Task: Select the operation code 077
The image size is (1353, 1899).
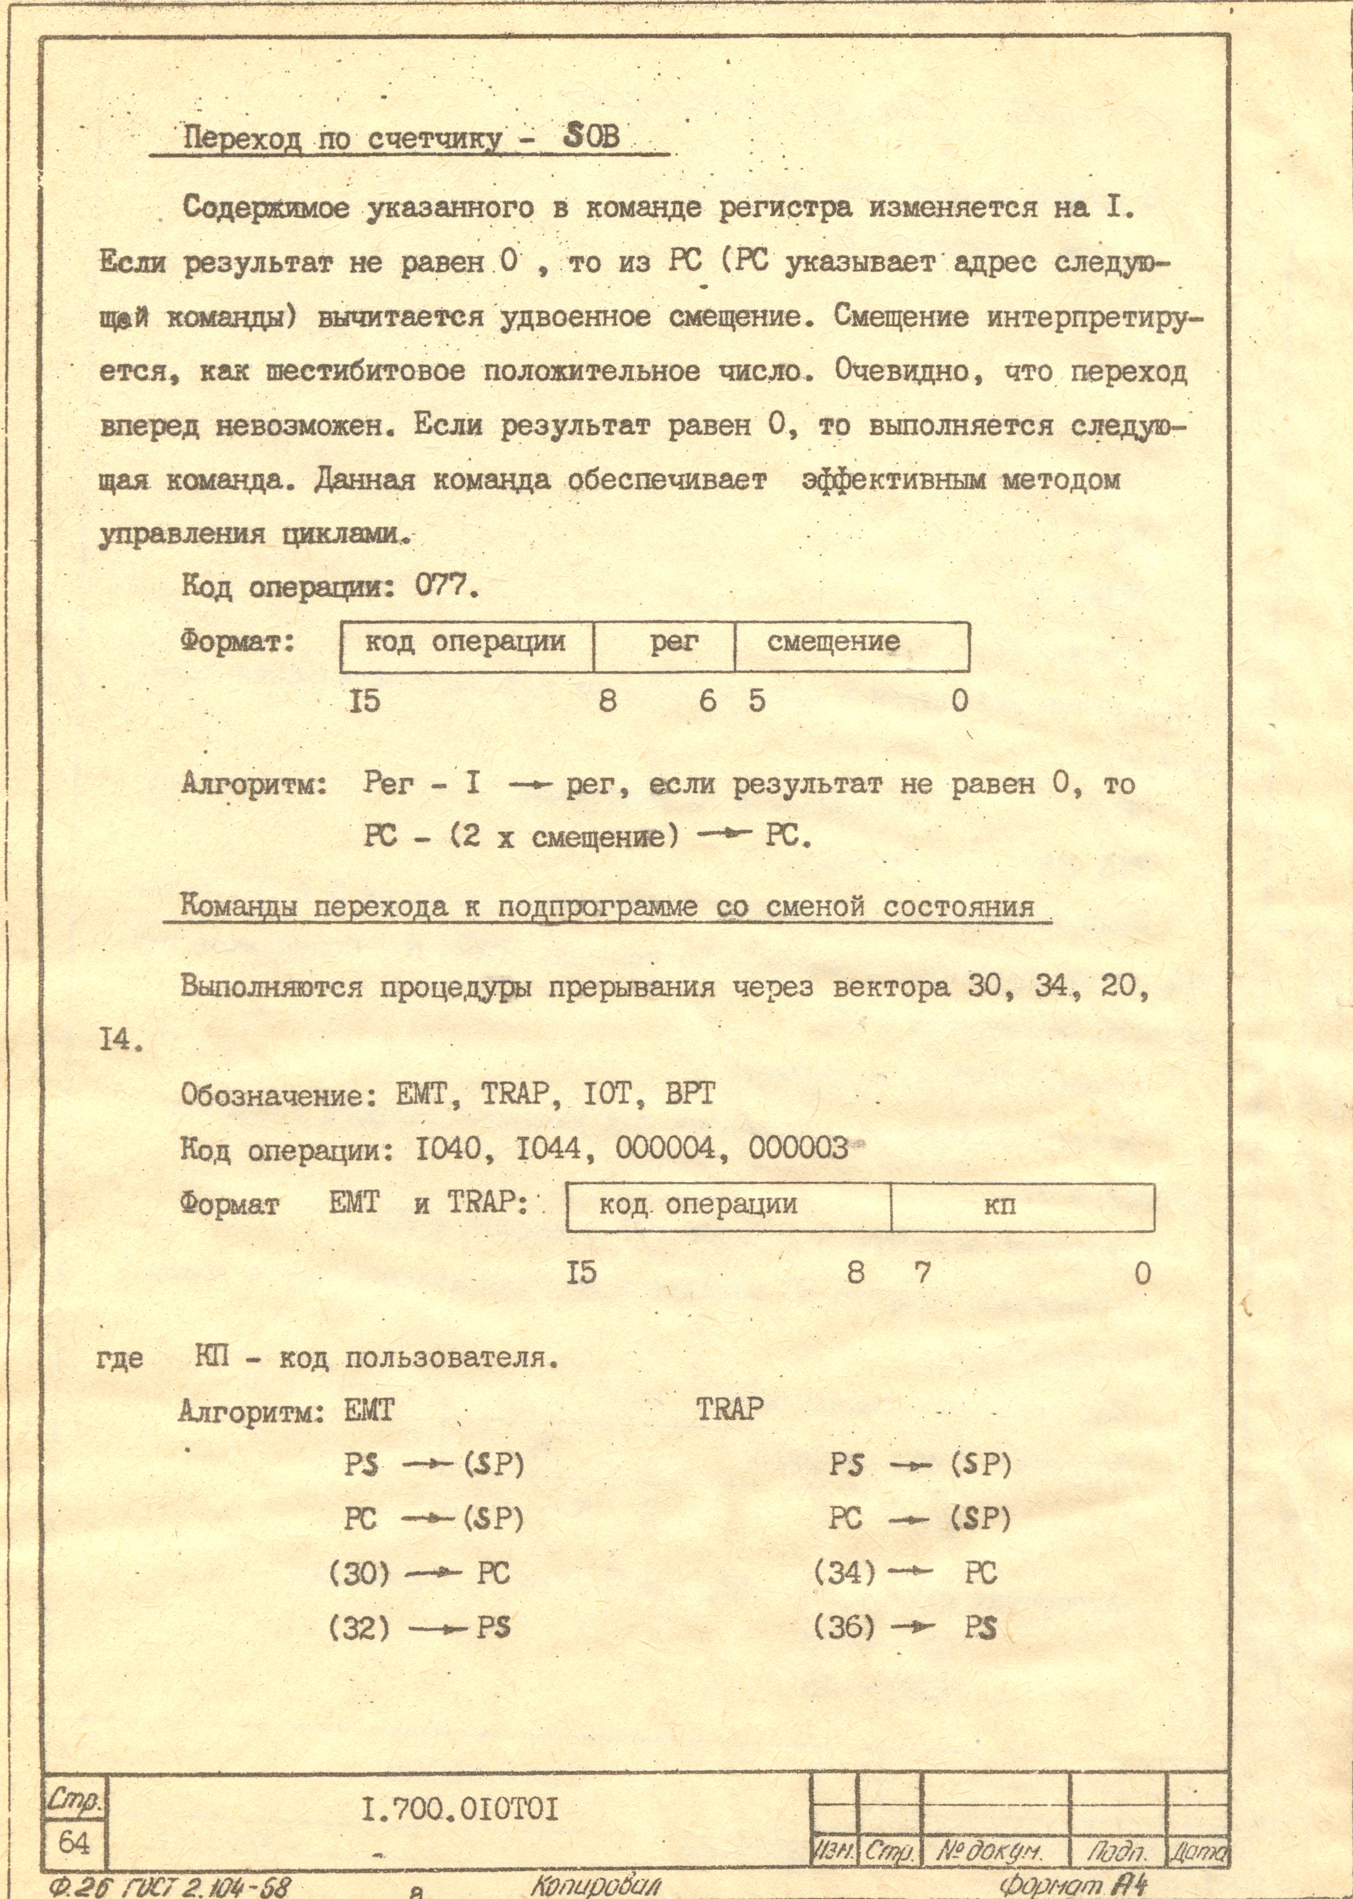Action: pyautogui.click(x=446, y=588)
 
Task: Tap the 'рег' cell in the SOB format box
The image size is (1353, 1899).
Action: pyautogui.click(x=674, y=642)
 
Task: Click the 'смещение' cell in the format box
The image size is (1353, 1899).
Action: pyautogui.click(x=833, y=642)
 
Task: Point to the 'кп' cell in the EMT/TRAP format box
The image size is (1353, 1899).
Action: pyautogui.click(x=1000, y=1205)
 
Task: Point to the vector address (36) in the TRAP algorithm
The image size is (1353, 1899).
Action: pyautogui.click(x=845, y=1628)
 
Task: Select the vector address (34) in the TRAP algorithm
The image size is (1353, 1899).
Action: pyautogui.click(x=845, y=1573)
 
